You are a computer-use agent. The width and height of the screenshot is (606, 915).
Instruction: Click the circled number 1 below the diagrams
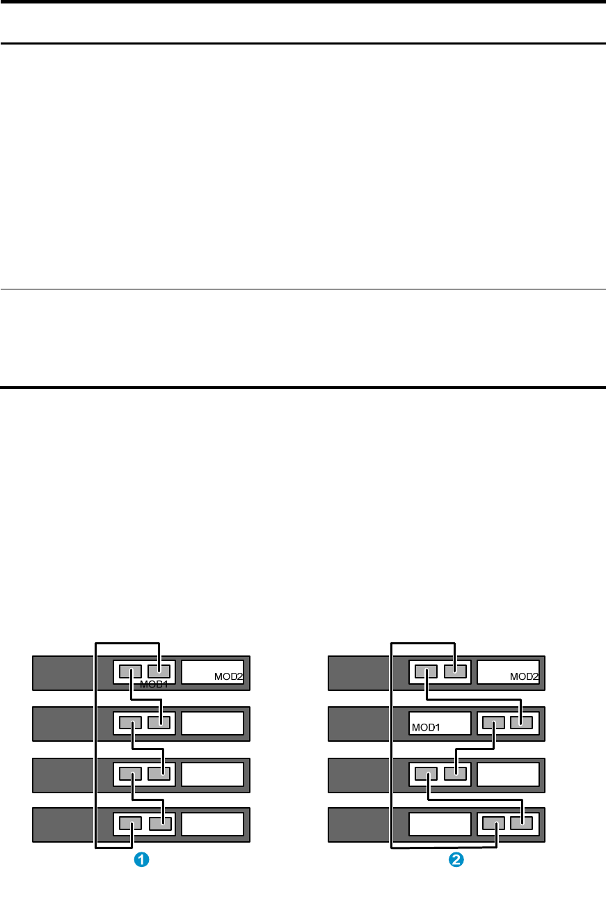pos(141,860)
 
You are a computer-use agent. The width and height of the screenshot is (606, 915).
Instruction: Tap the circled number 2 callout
pos(456,860)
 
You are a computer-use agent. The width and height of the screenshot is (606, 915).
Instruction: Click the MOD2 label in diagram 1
pos(228,676)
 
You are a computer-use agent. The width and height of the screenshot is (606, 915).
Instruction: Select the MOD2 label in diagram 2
pos(524,676)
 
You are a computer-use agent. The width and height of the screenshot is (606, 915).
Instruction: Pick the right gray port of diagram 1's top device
pos(159,672)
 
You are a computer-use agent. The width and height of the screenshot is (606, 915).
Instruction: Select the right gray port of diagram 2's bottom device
pos(521,824)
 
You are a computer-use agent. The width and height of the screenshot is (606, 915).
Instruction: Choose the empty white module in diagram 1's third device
pos(213,774)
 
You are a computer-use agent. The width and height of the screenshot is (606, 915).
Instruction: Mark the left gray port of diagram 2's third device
pos(426,773)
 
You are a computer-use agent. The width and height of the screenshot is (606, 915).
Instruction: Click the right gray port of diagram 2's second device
pos(521,722)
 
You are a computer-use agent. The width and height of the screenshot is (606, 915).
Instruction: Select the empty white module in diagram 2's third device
pos(509,774)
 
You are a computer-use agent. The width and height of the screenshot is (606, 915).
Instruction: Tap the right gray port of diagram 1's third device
pos(159,773)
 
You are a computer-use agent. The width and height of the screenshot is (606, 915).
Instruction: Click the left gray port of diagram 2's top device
pos(426,672)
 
